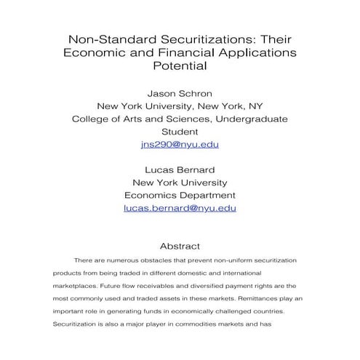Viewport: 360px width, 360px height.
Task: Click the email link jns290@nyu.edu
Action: pos(180,144)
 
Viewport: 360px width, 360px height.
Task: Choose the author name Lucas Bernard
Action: pos(180,169)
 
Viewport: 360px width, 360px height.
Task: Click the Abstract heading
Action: pos(180,246)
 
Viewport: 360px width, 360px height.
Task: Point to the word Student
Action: pos(180,132)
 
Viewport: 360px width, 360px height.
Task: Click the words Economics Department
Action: pos(180,195)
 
